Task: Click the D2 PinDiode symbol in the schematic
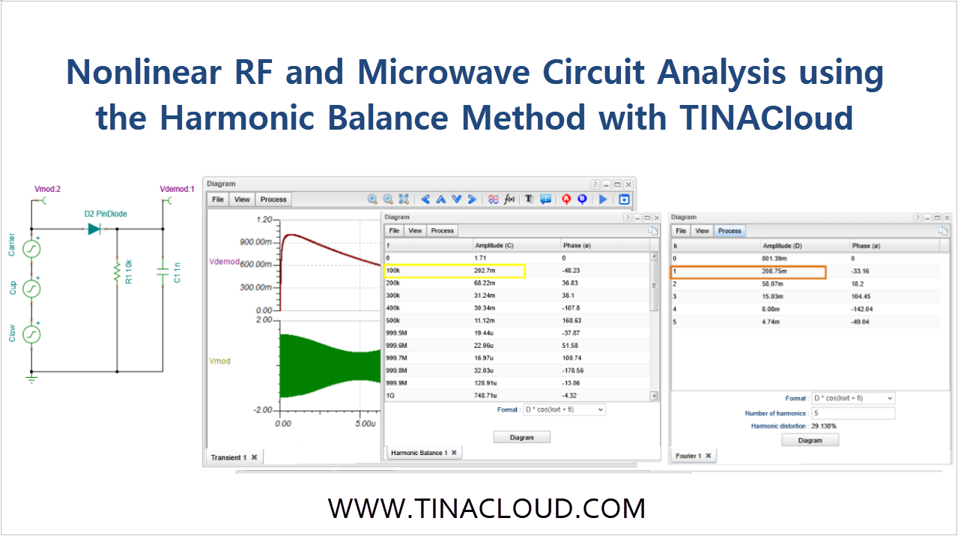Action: [x=94, y=229]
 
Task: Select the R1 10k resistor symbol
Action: [x=117, y=273]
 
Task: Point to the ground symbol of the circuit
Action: [x=31, y=379]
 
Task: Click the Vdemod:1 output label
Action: [x=178, y=189]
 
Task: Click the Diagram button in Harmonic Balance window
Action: [x=521, y=437]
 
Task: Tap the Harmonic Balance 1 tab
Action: [x=419, y=453]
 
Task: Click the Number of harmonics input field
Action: [x=852, y=413]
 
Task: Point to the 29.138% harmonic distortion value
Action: [x=824, y=426]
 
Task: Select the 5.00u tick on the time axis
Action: [x=365, y=424]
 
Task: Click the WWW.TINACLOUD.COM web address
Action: [x=486, y=508]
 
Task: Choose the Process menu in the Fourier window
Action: [x=729, y=231]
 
